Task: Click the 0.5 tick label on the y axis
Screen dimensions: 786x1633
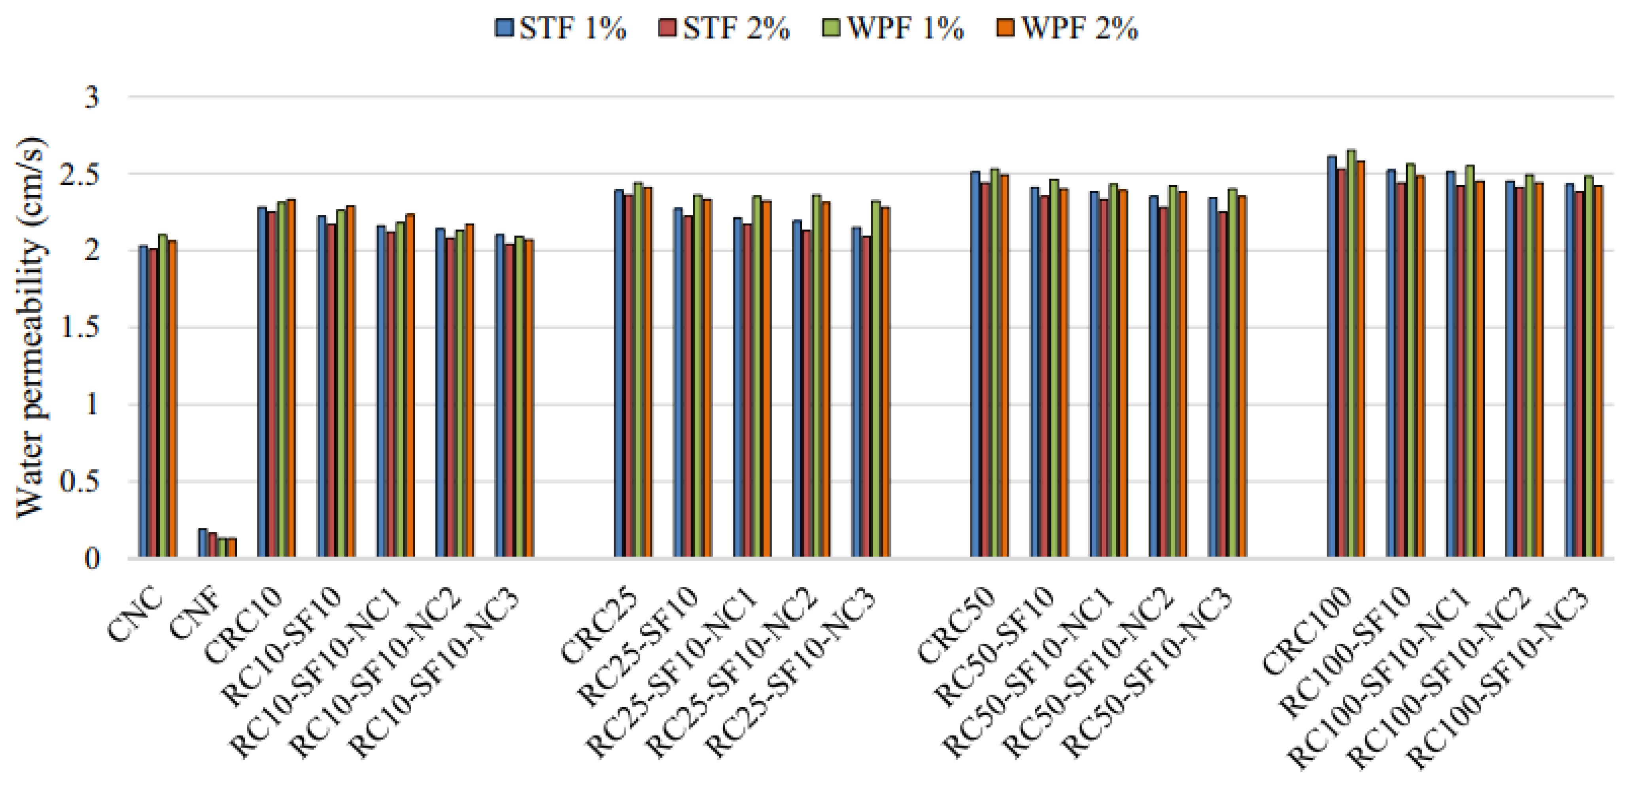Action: (x=79, y=482)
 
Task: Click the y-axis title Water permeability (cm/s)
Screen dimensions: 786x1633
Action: (x=30, y=327)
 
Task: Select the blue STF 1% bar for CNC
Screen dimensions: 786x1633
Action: (x=143, y=402)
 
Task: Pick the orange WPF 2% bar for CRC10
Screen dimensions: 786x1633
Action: (x=291, y=379)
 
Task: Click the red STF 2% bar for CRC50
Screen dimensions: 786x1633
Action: (x=985, y=370)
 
